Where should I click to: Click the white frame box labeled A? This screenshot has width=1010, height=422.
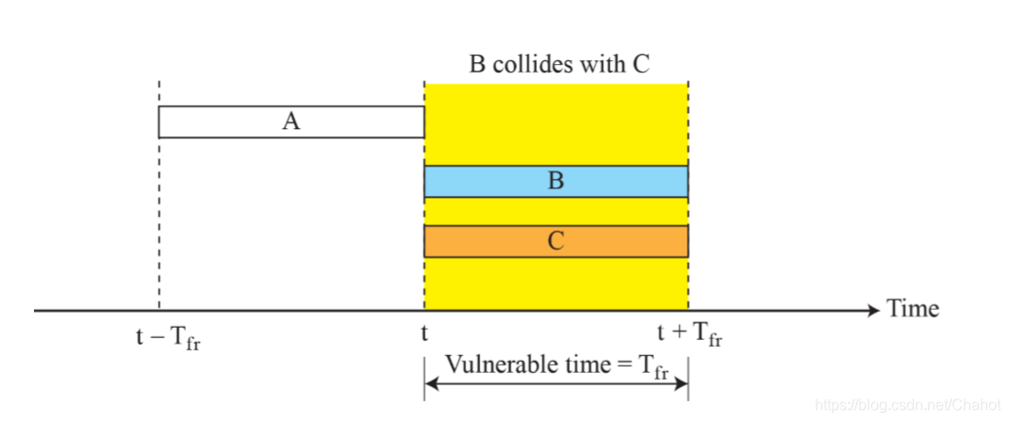coord(226,122)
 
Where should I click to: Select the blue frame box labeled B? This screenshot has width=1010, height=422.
coord(490,181)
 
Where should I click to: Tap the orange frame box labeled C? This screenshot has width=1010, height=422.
coord(490,241)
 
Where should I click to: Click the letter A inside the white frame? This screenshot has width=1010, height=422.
coord(290,122)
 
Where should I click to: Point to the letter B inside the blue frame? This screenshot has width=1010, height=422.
coord(555,181)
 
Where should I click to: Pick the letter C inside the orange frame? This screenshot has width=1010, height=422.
coord(555,241)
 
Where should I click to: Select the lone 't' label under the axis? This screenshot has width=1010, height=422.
coord(424,333)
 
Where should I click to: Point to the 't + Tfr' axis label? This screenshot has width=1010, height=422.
coord(690,334)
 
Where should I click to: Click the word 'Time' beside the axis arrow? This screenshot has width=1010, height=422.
coord(912,309)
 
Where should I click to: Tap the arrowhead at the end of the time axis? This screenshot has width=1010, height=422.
coord(871,310)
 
